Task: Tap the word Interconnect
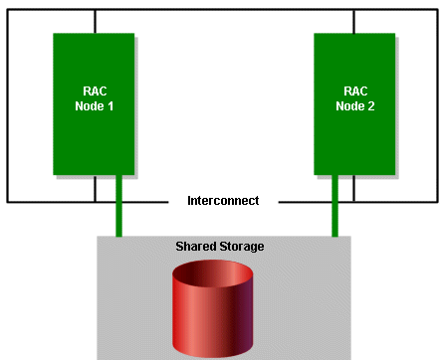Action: pyautogui.click(x=223, y=201)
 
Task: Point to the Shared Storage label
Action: pyautogui.click(x=219, y=246)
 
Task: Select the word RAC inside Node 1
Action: pyautogui.click(x=94, y=90)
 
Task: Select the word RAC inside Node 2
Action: pyautogui.click(x=354, y=90)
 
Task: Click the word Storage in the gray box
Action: pyautogui.click(x=241, y=246)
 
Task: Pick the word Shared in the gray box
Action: pyautogui.click(x=195, y=246)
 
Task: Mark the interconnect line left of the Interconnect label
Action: pyautogui.click(x=149, y=202)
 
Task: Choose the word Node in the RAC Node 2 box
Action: pyautogui.click(x=350, y=104)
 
